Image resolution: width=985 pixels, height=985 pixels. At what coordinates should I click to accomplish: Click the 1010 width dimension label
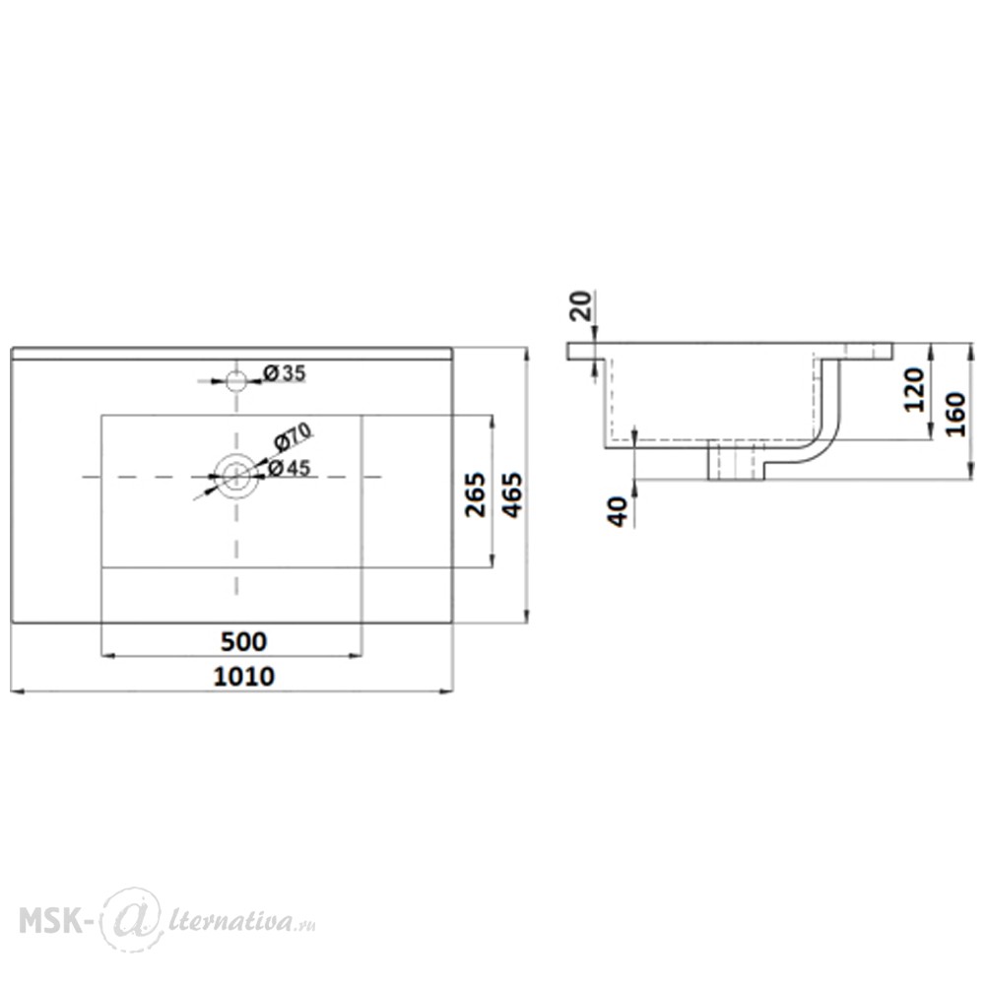point(243,677)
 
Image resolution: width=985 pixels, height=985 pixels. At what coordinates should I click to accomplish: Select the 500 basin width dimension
point(243,641)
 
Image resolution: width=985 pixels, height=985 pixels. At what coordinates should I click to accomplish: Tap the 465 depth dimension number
point(512,495)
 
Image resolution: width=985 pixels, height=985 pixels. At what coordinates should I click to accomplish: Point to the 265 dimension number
point(476,494)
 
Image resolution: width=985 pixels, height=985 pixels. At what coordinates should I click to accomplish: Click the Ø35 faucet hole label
point(285,373)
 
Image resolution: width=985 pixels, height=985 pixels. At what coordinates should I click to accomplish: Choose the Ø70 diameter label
point(293,436)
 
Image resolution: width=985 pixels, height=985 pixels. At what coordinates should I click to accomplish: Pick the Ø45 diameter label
point(289,468)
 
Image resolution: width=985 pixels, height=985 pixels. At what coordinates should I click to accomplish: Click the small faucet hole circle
point(236,380)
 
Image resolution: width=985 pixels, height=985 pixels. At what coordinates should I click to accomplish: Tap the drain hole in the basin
point(235,477)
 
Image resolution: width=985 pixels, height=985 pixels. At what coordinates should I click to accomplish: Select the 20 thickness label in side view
point(582,306)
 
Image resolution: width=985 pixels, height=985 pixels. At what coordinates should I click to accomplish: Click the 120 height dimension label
point(915,389)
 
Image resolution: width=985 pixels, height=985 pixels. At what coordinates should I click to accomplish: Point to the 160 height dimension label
point(956,415)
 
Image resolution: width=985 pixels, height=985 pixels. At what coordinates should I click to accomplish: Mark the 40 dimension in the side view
point(619,511)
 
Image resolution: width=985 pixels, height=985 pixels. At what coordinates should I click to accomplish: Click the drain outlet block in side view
point(736,460)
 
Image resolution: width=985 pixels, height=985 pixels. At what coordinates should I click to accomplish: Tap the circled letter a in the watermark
point(132,919)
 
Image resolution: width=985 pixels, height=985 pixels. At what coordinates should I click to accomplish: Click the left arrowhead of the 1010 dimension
point(18,691)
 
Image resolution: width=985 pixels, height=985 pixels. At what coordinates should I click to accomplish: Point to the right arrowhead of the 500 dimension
point(357,656)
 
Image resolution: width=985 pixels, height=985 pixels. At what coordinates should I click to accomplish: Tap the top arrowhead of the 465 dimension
point(526,354)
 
